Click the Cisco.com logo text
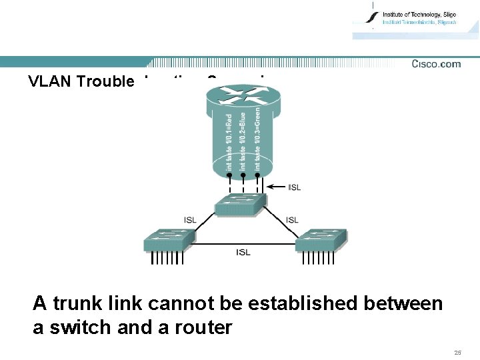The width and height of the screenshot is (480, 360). coord(436,64)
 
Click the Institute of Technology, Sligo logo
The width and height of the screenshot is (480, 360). coord(413,19)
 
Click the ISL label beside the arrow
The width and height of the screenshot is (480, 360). coord(294,187)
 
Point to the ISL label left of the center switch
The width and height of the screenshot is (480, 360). coord(191,220)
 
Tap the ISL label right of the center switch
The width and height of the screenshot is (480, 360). coord(292,220)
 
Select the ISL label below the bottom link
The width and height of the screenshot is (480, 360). coord(243,252)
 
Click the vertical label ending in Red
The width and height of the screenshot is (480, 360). coord(229,141)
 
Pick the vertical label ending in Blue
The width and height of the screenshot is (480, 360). coord(243,141)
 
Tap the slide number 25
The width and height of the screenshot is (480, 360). coord(457,352)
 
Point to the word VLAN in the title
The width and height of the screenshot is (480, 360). coord(51,81)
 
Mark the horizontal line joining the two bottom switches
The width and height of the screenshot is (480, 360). coord(245,243)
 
